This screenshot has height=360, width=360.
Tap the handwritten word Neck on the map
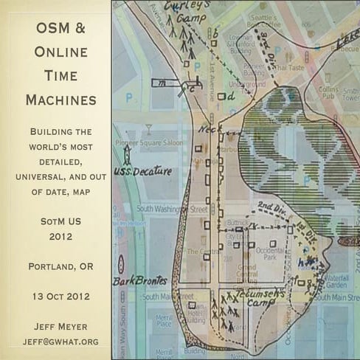212,128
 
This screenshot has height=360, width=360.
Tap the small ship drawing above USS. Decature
127,154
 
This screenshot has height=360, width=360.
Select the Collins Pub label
328,92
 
